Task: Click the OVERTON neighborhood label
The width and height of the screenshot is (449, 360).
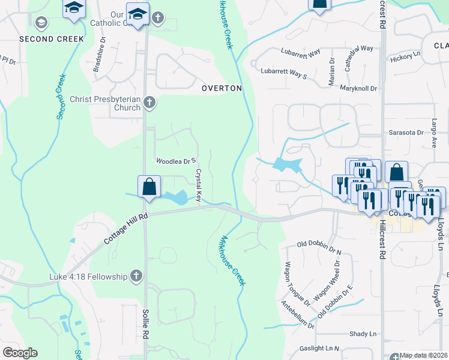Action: [x=221, y=88]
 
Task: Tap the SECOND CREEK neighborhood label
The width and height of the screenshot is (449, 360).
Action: [x=52, y=39]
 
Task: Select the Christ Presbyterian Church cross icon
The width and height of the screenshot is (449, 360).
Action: [x=149, y=103]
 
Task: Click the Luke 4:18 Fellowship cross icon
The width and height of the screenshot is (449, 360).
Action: [x=136, y=276]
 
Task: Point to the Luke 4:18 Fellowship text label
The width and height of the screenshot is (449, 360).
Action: [x=89, y=277]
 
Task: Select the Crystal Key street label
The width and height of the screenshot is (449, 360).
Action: [x=199, y=185]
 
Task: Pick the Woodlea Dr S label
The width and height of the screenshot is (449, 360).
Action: [x=176, y=161]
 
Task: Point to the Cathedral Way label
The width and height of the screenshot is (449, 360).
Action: [x=358, y=48]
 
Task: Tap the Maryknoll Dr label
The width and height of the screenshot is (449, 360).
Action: [x=358, y=88]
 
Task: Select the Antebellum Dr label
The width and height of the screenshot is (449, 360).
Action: [x=298, y=314]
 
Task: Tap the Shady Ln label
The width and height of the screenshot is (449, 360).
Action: [x=363, y=334]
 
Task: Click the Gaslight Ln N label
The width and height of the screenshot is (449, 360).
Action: [x=321, y=348]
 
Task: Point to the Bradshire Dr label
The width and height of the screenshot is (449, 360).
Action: [x=99, y=56]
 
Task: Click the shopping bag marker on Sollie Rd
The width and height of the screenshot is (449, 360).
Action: [x=149, y=186]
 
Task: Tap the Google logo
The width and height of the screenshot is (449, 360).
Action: [x=20, y=353]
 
